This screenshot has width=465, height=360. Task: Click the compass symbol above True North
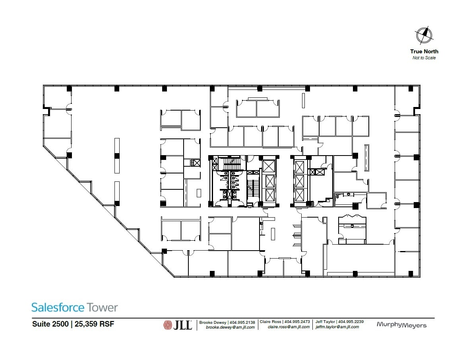coord(424,35)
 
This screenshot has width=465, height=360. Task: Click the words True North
coord(424,51)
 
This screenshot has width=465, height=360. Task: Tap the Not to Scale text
coord(424,58)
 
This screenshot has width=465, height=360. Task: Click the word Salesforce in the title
coord(58,307)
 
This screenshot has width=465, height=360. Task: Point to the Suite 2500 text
coord(50,324)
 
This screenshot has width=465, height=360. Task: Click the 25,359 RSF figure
coord(93,324)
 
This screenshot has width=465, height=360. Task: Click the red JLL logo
coord(177,325)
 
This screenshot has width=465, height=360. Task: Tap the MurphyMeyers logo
coord(401,325)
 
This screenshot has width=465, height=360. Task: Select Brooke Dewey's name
coord(213,322)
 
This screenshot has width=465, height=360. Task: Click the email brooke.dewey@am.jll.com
coord(230,327)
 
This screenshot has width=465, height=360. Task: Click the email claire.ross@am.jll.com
coord(289,327)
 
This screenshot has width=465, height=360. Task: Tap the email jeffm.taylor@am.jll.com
coord(337,327)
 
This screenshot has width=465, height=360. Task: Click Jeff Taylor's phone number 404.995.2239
coord(351,321)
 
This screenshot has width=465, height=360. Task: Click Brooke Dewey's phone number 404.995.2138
coord(242,322)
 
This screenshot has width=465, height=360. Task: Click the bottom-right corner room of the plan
coord(407,263)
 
